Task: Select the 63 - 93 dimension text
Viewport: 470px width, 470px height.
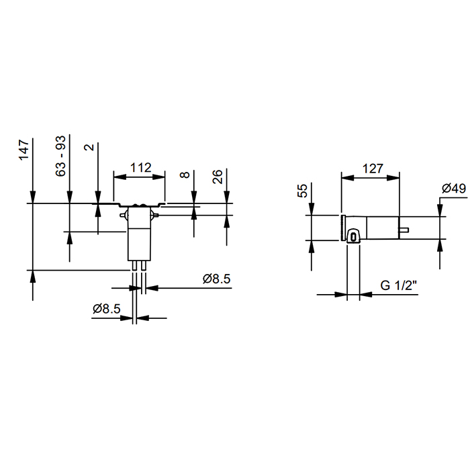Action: tap(61, 156)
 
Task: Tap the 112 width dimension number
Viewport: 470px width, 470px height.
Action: tap(140, 167)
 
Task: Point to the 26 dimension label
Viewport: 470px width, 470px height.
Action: tap(218, 177)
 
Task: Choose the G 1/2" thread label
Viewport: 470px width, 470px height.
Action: tap(399, 285)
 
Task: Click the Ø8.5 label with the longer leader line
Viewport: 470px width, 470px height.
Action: tap(217, 279)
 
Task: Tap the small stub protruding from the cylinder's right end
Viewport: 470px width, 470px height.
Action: tap(405, 231)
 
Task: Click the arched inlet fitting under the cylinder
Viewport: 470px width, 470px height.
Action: tap(353, 234)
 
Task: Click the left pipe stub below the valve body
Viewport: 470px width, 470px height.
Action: tap(135, 265)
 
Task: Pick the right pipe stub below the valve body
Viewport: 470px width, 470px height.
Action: tap(143, 265)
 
